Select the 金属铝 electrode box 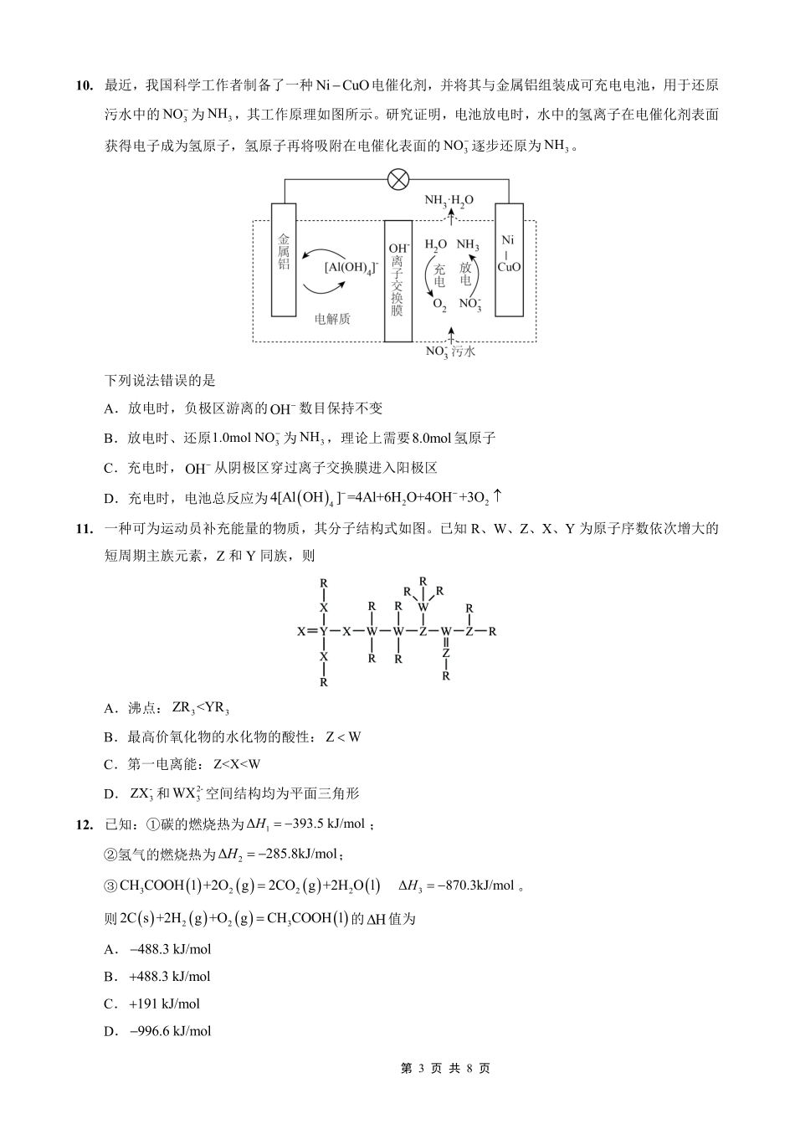285,259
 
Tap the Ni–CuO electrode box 509,259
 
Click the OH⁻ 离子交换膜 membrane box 397,280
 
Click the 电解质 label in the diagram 332,319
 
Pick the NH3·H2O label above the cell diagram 449,200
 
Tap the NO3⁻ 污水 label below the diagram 450,352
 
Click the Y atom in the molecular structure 324,630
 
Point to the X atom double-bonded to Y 301,630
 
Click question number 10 84,85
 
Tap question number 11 84,528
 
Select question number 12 84,824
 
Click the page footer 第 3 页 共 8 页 445,1069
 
